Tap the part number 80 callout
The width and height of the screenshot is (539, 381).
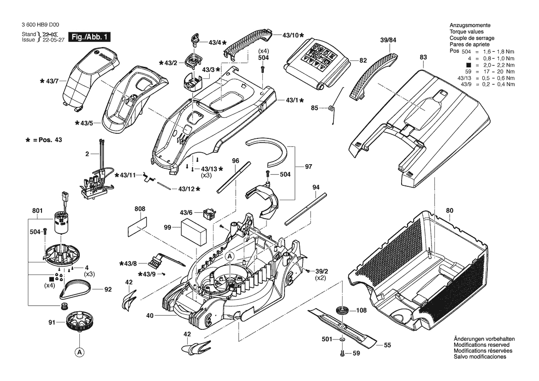(x=450, y=211)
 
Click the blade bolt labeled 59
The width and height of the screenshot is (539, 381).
(x=342, y=354)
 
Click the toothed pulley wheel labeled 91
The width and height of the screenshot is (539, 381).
(x=80, y=321)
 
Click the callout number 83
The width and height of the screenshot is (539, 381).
(x=423, y=57)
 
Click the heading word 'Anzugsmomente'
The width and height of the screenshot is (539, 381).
(x=470, y=25)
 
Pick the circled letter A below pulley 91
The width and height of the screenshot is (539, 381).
(x=80, y=352)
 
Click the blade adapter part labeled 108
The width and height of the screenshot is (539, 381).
(x=343, y=310)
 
